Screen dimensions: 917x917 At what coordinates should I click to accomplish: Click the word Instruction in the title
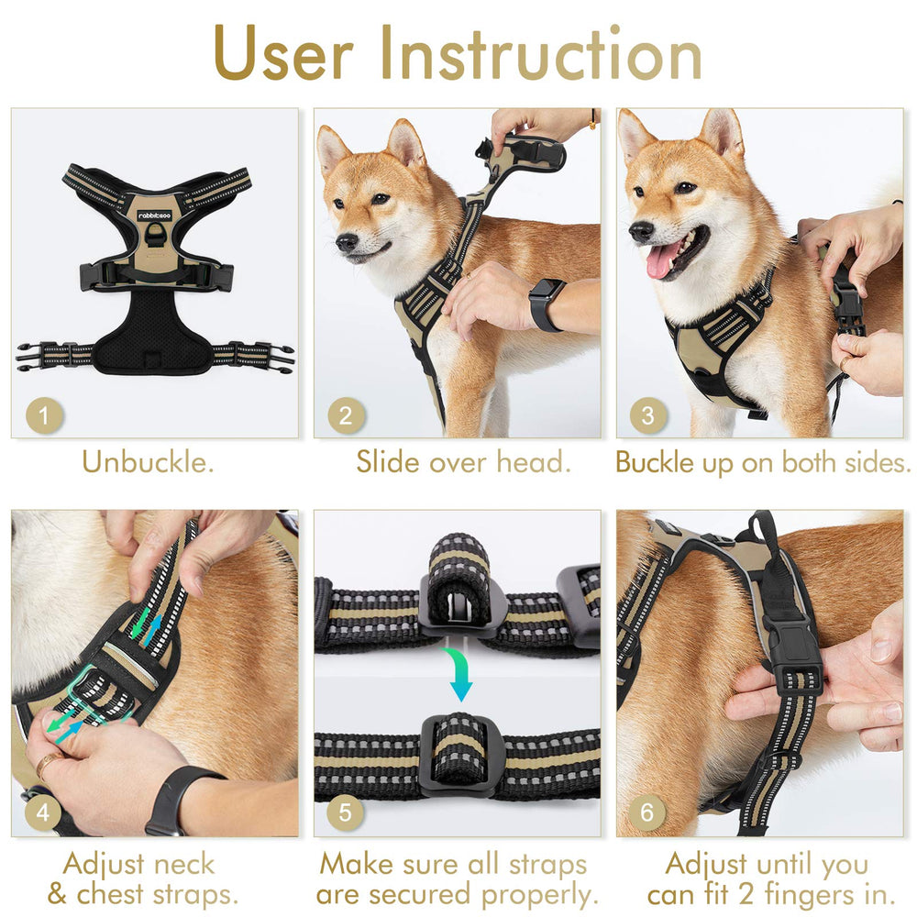click(541, 53)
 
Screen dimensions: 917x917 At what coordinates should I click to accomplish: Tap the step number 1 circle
click(44, 416)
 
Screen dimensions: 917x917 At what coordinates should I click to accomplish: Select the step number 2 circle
click(346, 416)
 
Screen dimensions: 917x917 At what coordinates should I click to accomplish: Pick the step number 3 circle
click(648, 416)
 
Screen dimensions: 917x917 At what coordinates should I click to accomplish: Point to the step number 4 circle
click(44, 812)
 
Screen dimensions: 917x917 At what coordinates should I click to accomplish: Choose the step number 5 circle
click(346, 812)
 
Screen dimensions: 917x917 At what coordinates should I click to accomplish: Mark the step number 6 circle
click(648, 812)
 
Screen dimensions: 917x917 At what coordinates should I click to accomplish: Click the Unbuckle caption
click(148, 461)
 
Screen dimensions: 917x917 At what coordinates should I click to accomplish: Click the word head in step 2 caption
click(534, 461)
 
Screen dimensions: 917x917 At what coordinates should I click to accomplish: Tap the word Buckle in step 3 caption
click(655, 461)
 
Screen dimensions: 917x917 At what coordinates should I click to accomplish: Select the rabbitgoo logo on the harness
click(154, 215)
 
